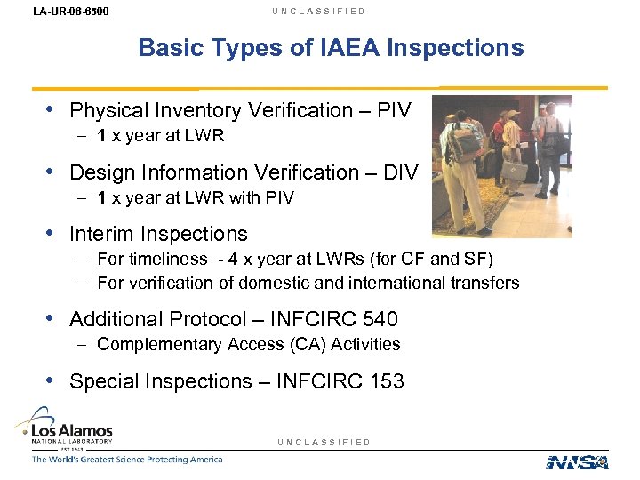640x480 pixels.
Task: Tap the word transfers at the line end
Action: [486, 283]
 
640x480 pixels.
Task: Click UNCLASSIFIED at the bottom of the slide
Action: [324, 442]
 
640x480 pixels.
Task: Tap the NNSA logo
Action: [577, 461]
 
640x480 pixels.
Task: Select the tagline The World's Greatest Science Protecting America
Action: [127, 460]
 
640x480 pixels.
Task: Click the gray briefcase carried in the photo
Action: [514, 171]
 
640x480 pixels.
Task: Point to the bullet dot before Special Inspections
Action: [51, 380]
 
